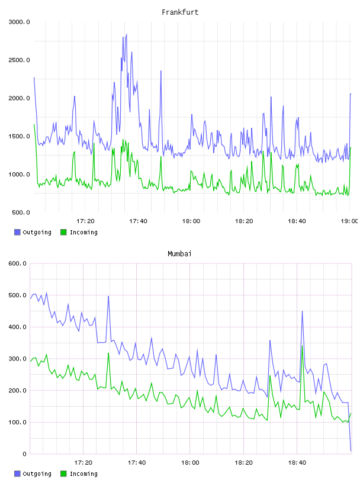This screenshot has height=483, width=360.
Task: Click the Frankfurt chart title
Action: click(x=180, y=12)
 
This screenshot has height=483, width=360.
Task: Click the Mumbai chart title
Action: click(x=179, y=254)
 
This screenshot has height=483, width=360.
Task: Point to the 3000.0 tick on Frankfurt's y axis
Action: click(x=19, y=22)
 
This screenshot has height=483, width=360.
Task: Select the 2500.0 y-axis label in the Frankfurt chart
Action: click(x=19, y=60)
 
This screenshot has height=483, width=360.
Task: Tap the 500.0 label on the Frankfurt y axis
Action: click(x=21, y=212)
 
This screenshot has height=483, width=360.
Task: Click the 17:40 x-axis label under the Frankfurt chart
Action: click(x=138, y=221)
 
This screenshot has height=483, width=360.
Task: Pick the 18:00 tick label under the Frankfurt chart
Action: click(x=191, y=221)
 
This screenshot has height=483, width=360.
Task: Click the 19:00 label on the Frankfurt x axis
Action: click(x=349, y=221)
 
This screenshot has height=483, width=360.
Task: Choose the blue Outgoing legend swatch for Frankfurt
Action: click(x=17, y=232)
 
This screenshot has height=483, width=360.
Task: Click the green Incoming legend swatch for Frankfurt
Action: click(x=63, y=232)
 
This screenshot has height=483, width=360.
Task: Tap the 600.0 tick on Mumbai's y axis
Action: click(x=18, y=263)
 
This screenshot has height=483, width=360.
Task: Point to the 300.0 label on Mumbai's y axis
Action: click(x=18, y=359)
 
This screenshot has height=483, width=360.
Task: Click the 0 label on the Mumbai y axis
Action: click(x=25, y=454)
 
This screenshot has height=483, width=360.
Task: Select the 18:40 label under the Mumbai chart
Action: click(x=297, y=463)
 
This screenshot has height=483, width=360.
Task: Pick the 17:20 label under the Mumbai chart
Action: click(x=83, y=463)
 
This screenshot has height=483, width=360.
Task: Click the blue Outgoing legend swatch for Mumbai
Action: click(x=17, y=474)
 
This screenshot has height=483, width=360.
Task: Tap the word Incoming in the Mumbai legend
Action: click(x=83, y=474)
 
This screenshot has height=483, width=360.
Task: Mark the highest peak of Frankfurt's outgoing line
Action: click(x=126, y=34)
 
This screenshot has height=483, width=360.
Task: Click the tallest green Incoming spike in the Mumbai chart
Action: click(x=302, y=346)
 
